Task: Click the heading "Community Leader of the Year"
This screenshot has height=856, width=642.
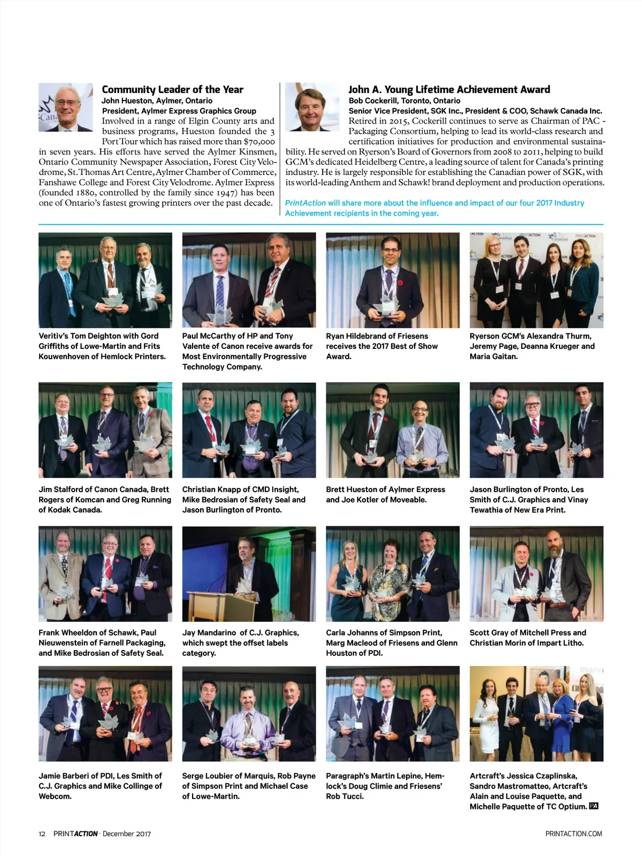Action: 172,89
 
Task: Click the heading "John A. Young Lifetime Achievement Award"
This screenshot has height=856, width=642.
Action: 449,89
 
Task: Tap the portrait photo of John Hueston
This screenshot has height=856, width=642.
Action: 66,107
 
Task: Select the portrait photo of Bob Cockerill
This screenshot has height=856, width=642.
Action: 312,107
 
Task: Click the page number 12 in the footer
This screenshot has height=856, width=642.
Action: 42,834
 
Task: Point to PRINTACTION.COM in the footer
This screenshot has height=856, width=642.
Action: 574,834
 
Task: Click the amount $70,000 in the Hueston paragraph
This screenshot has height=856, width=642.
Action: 259,142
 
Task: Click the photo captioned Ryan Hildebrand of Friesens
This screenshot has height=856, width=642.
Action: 393,280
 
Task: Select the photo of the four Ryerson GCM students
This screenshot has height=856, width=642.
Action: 536,280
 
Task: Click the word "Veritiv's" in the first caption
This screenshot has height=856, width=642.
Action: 53,336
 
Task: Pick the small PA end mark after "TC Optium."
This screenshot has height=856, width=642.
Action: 593,806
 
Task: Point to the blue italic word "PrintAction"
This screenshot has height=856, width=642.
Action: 305,203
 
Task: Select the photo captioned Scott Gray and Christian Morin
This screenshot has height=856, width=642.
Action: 536,574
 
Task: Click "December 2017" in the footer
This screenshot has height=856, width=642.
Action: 127,834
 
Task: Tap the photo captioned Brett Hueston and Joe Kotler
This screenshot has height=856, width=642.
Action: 393,430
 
